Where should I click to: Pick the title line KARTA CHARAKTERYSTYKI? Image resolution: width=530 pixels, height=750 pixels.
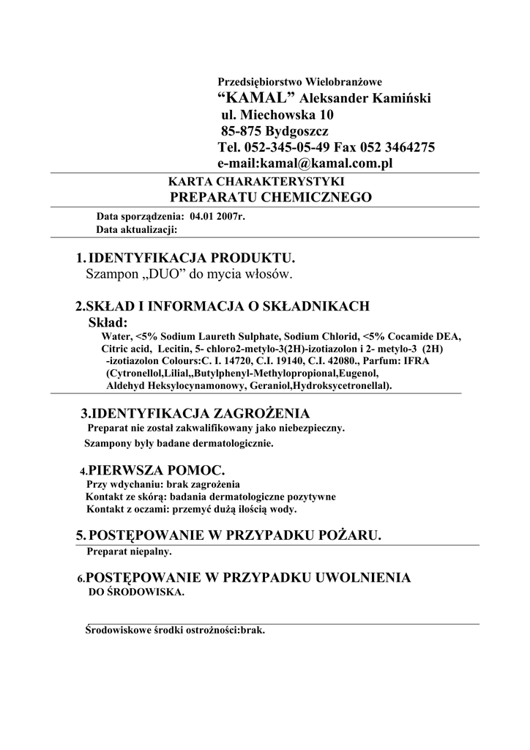(x=256, y=181)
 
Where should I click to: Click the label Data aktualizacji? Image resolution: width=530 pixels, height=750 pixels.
(x=137, y=229)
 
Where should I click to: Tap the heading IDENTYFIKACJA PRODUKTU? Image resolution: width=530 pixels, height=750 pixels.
(x=192, y=259)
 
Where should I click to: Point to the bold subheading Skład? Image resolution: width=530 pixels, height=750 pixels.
(x=108, y=322)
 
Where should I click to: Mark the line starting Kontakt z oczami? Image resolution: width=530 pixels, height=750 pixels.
(x=191, y=508)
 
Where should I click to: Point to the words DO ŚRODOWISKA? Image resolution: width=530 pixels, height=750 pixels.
(x=135, y=592)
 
